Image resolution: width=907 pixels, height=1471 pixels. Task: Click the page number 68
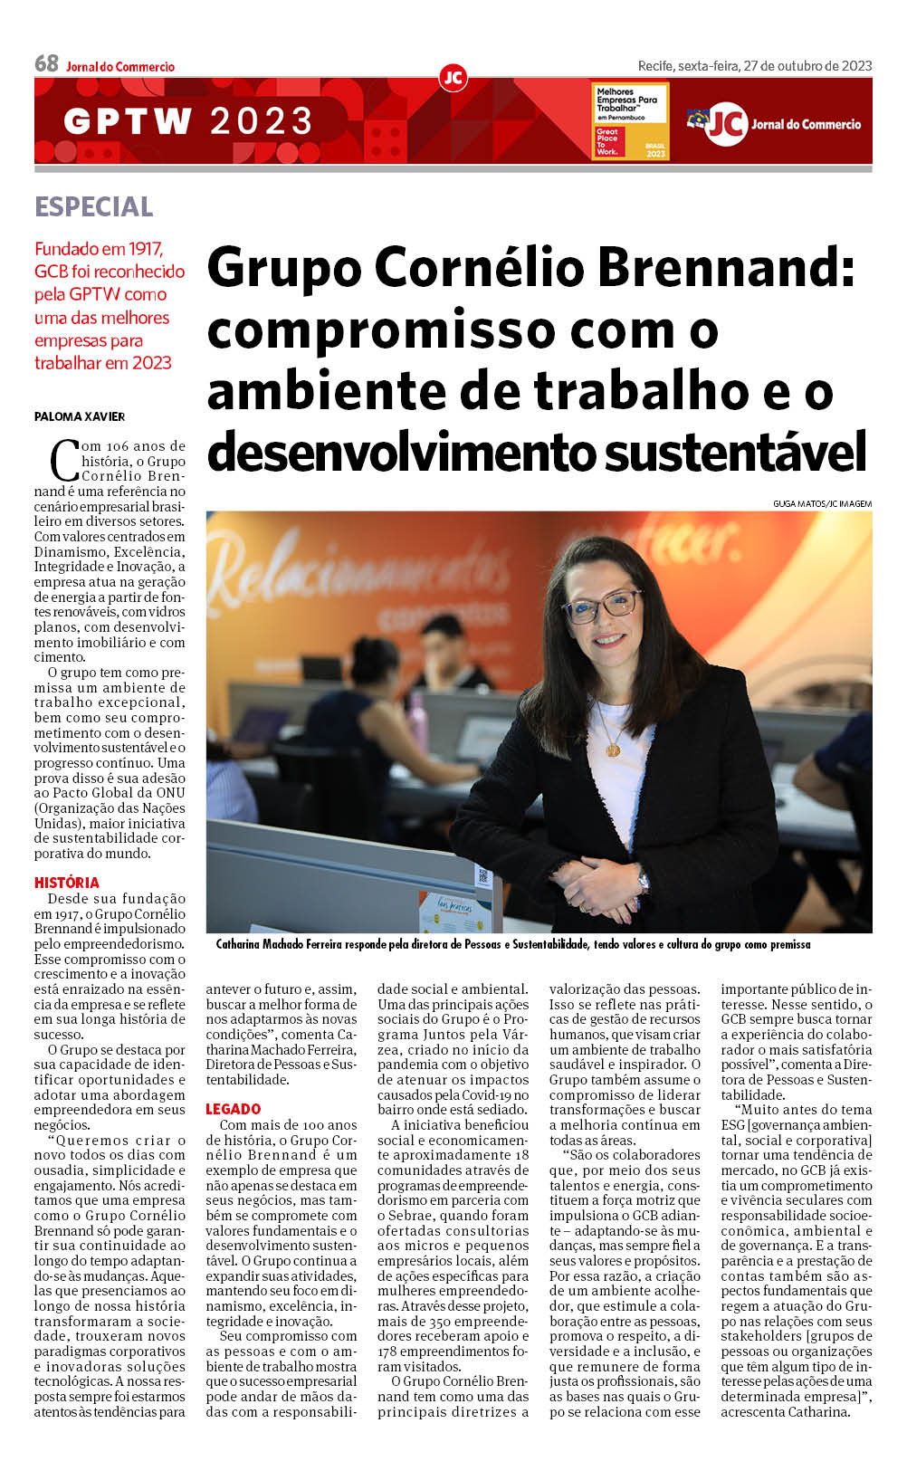click(x=46, y=63)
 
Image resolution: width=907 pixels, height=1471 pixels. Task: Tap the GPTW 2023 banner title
click(x=188, y=121)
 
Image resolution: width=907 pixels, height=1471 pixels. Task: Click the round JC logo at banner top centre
click(x=453, y=78)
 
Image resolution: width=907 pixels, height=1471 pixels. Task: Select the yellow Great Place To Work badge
click(x=630, y=121)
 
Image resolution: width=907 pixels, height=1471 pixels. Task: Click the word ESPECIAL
click(x=94, y=206)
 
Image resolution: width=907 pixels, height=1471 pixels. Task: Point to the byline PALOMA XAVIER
click(x=80, y=416)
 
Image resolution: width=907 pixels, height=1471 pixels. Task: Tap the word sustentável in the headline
click(x=735, y=451)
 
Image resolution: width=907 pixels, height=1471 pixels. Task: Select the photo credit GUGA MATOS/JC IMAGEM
click(x=822, y=503)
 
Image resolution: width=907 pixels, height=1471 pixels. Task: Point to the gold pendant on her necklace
click(x=613, y=750)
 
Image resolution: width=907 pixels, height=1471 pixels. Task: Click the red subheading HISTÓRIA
click(x=67, y=883)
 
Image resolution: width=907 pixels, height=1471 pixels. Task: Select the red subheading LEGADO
click(x=233, y=1109)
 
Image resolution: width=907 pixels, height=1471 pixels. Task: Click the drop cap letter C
click(x=65, y=459)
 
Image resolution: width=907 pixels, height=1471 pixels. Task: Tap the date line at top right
click(x=755, y=65)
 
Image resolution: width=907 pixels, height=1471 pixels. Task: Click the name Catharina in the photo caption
click(x=243, y=944)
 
